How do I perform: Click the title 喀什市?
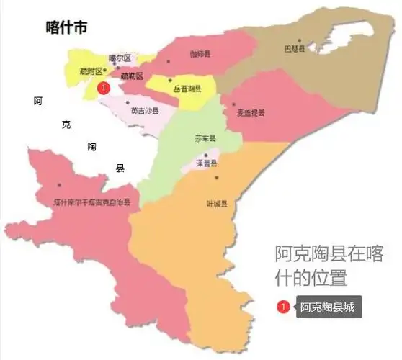pyautogui.click(x=66, y=28)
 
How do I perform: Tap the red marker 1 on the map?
pyautogui.click(x=103, y=88)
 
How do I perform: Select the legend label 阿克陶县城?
pyautogui.click(x=327, y=307)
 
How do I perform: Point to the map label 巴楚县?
pyautogui.click(x=294, y=50)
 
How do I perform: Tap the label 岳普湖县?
pyautogui.click(x=187, y=89)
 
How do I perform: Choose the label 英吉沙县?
pyautogui.click(x=145, y=111)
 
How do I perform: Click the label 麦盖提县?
pyautogui.click(x=251, y=113)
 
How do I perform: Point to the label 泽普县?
pyautogui.click(x=207, y=164)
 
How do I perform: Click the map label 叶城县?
pyautogui.click(x=217, y=204)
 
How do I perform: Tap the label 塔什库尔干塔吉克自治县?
pyautogui.click(x=92, y=203)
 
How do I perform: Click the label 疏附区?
pyautogui.click(x=91, y=71)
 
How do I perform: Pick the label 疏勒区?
pyautogui.click(x=132, y=76)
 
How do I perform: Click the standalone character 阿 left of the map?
pyautogui.click(x=37, y=101)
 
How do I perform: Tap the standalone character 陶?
pyautogui.click(x=91, y=146)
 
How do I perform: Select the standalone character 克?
pyautogui.click(x=66, y=125)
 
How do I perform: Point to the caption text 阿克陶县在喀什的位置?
pyautogui.click(x=329, y=265)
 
